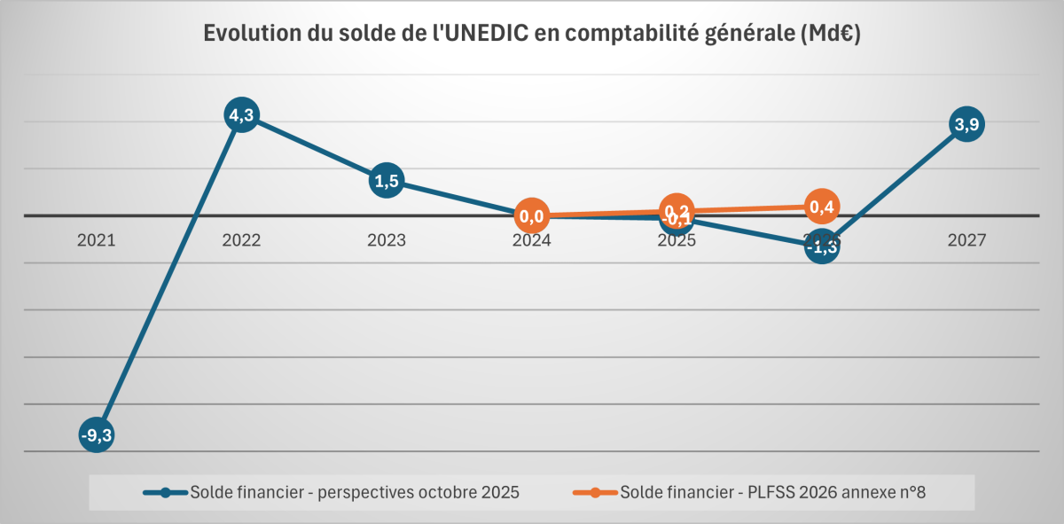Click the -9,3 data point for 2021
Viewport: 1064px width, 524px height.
[96, 435]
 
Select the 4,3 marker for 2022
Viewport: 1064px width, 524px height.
[241, 115]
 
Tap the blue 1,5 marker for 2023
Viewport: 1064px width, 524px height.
[387, 181]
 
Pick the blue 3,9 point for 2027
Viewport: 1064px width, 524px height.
[966, 124]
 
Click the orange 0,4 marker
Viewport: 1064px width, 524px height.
[822, 207]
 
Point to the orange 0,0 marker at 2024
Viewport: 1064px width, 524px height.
[532, 215]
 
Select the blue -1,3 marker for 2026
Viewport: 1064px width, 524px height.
[822, 247]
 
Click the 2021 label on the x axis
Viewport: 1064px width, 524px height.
[96, 240]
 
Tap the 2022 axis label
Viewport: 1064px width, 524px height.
[241, 240]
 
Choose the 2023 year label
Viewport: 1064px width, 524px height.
[387, 240]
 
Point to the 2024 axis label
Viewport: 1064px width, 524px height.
[532, 240]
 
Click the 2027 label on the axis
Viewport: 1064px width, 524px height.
[966, 240]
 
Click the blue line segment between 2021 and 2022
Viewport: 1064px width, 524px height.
[168, 276]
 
